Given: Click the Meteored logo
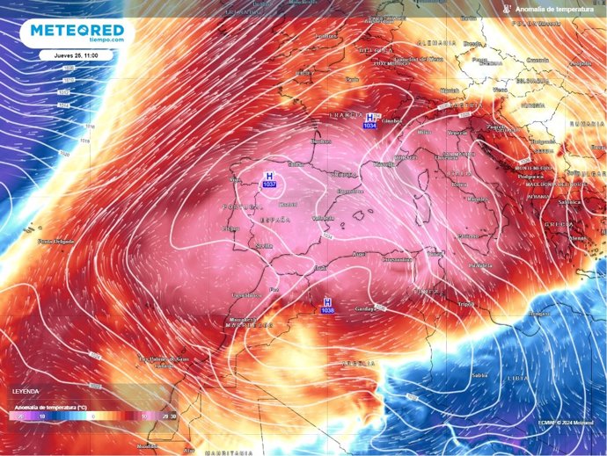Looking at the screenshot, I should point(77,33).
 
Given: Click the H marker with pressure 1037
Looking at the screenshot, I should point(269,180).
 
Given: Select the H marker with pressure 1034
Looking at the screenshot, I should point(371,121).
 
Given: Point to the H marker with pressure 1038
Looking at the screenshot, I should point(328,306).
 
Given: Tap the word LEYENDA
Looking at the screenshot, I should point(25,390).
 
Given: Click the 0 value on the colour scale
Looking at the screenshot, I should point(93,416).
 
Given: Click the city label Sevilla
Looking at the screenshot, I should point(238,247).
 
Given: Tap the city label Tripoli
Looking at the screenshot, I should point(466,303).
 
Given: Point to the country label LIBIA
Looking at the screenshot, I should point(518,377).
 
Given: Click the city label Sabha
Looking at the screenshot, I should point(479,375).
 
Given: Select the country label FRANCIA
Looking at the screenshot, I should point(341,115).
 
